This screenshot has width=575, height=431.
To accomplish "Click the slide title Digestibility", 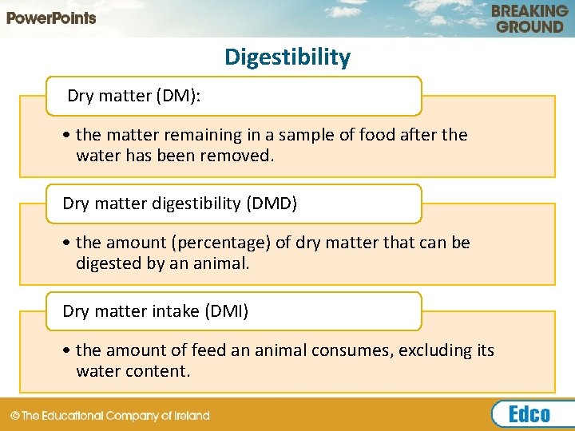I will point(287,57).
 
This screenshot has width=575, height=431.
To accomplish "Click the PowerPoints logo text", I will point(52,18).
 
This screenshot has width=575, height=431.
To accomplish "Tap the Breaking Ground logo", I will point(529,18).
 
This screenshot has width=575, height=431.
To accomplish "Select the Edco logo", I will point(529,413).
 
